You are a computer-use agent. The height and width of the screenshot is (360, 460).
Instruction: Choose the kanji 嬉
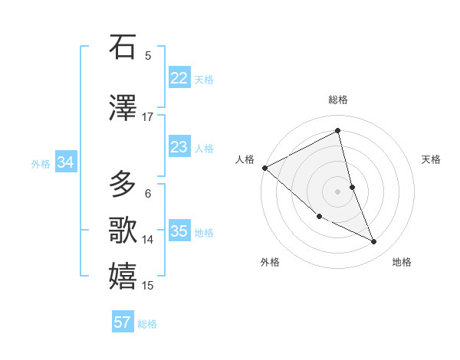(123, 277)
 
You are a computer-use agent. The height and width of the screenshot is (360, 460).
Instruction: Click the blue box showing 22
(179, 78)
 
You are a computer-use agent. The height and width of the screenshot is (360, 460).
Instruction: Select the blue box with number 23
(179, 147)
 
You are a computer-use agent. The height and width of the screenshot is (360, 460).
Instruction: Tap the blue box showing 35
(179, 231)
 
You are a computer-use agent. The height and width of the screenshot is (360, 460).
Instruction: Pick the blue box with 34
(66, 162)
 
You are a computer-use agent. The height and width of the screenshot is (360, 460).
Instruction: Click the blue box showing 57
(123, 322)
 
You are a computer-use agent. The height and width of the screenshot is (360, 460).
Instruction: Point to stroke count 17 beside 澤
(148, 117)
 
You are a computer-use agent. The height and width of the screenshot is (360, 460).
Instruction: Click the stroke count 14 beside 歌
(148, 240)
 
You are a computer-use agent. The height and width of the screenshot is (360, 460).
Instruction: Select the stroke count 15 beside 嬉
(148, 286)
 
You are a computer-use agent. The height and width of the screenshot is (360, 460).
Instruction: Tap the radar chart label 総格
(338, 100)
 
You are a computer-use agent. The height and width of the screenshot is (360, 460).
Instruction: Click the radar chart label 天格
(432, 159)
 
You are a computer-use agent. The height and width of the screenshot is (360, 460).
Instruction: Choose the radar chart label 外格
(270, 262)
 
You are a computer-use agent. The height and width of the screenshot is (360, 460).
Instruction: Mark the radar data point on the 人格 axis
(264, 168)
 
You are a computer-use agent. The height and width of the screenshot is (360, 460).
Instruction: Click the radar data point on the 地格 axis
(374, 242)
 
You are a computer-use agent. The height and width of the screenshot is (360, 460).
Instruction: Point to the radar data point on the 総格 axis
(338, 131)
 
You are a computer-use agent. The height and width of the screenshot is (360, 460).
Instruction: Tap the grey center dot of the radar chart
(338, 191)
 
